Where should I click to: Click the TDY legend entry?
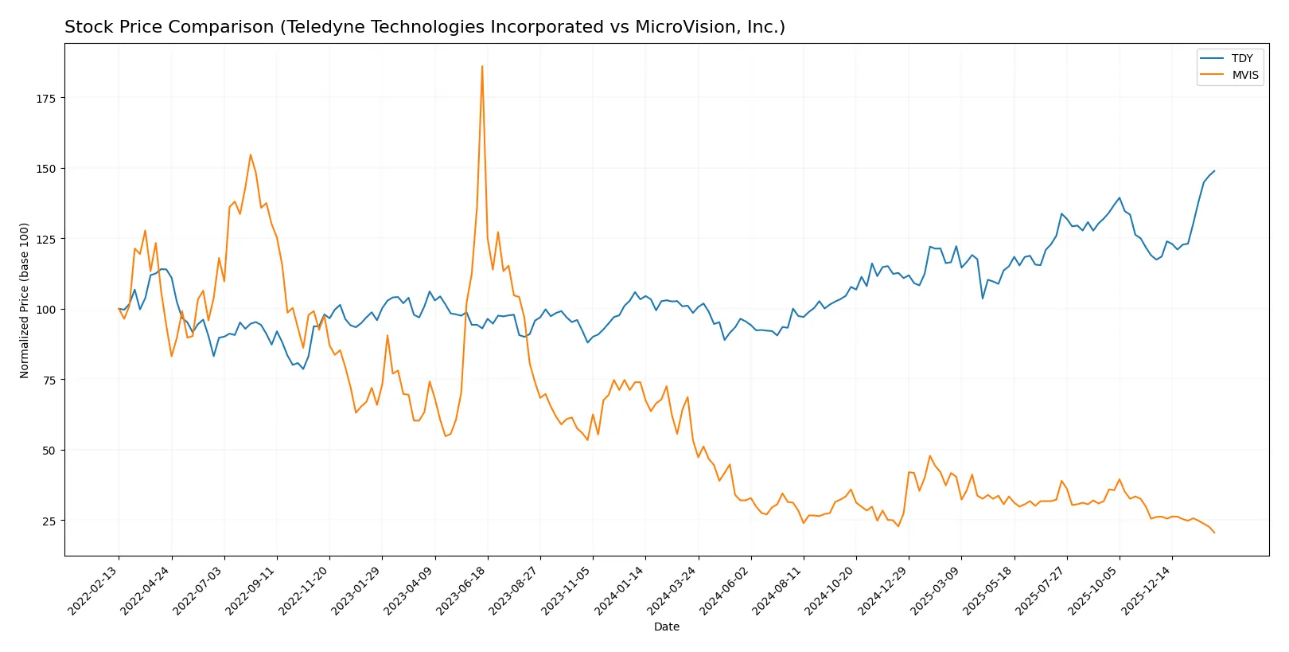(1241, 58)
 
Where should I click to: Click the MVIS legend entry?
(1244, 75)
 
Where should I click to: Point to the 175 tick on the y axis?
(46, 98)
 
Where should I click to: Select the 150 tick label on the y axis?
(46, 169)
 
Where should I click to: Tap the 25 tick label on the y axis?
(49, 521)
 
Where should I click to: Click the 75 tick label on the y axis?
(49, 380)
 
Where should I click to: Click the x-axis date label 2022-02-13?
(94, 590)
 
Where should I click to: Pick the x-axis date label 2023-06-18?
(462, 590)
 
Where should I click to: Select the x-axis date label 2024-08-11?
(778, 590)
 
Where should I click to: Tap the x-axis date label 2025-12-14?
(1147, 590)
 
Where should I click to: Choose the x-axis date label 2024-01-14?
(620, 590)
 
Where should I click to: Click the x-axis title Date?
(666, 627)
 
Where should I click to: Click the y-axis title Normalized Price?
(25, 300)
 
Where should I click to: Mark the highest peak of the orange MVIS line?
(482, 67)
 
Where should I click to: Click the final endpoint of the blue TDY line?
(1214, 171)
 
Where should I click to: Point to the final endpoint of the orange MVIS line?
(1214, 533)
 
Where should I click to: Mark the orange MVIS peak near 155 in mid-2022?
(251, 154)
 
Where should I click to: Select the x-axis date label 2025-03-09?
(936, 590)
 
